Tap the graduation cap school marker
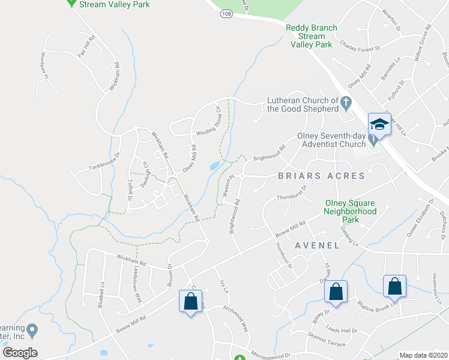(x=379, y=125)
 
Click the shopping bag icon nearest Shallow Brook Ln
(x=395, y=286)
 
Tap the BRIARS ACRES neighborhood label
(x=321, y=176)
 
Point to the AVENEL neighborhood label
(x=317, y=245)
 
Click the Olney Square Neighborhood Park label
(x=350, y=211)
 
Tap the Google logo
(x=20, y=353)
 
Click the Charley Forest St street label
(x=360, y=46)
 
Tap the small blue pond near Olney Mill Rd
(x=214, y=165)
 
